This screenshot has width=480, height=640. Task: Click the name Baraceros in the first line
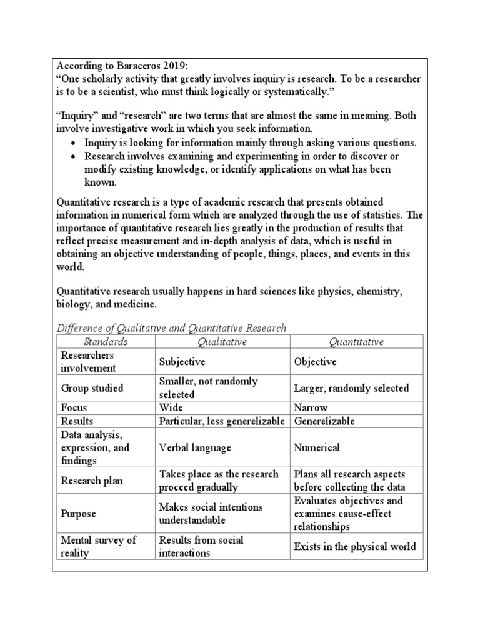[134, 66]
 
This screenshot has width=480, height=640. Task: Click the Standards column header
[106, 341]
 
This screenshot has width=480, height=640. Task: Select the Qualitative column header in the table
[222, 341]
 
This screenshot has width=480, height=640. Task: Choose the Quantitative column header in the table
[356, 341]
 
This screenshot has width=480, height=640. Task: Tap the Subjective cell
[182, 362]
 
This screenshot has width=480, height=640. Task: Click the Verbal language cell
[195, 447]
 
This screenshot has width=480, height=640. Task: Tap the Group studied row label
[92, 388]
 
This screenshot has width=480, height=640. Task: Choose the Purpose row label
[78, 513]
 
